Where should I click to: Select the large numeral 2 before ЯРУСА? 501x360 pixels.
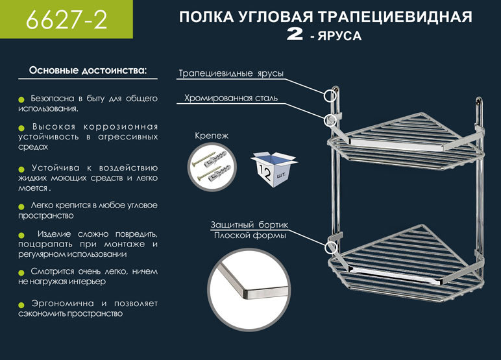point(296,36)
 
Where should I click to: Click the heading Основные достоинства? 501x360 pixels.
point(88,69)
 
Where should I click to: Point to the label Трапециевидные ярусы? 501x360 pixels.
point(231,74)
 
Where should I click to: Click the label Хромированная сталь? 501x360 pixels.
point(231,99)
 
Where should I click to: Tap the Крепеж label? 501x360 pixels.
point(212,136)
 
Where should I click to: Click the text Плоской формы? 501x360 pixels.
point(250,235)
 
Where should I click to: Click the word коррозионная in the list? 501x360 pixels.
point(124,127)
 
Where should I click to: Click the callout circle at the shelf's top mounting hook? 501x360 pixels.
point(332,94)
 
